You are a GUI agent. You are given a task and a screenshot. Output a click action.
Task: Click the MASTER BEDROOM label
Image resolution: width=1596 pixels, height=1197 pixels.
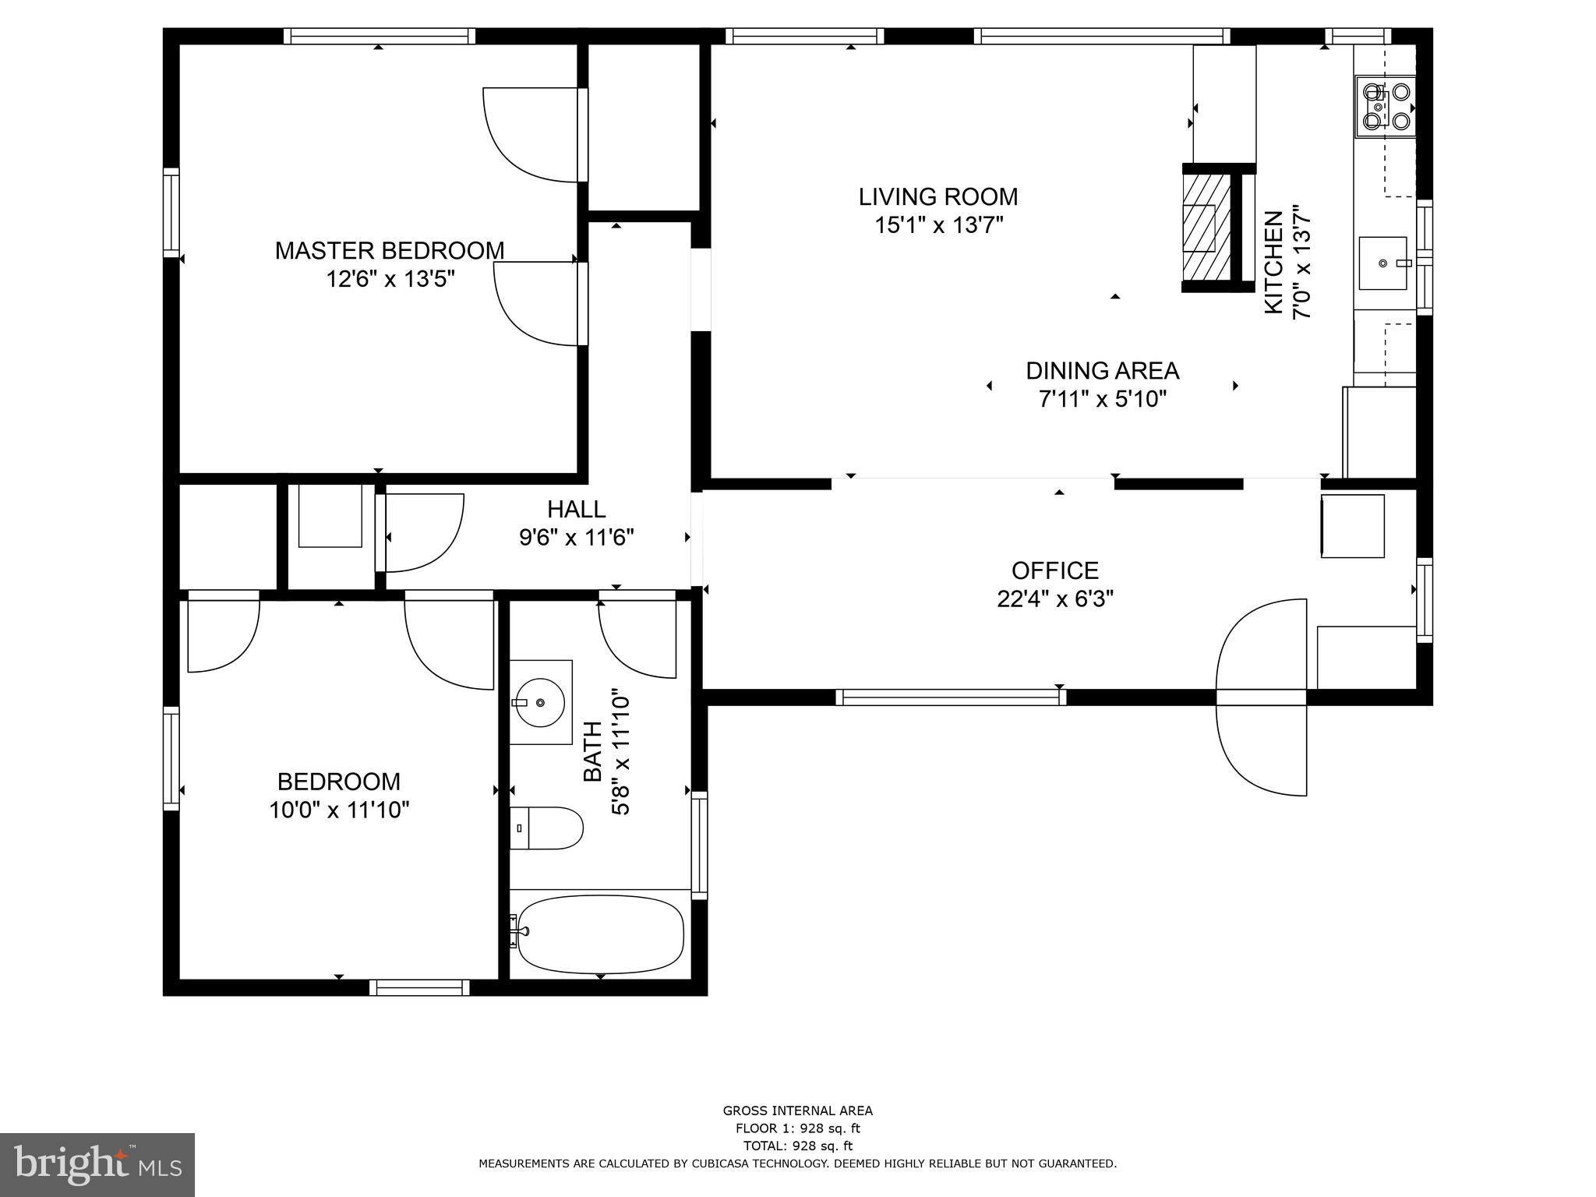pyautogui.click(x=390, y=251)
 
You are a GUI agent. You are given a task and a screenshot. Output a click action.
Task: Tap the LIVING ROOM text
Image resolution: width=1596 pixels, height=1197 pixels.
pyautogui.click(x=938, y=196)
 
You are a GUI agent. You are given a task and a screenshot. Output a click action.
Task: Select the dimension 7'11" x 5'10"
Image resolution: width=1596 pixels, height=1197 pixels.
pyautogui.click(x=1102, y=400)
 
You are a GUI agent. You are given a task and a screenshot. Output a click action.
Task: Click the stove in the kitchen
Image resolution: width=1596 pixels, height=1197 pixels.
pyautogui.click(x=1385, y=106)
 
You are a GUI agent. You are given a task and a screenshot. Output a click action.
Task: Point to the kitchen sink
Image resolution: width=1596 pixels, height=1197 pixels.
pyautogui.click(x=1383, y=263)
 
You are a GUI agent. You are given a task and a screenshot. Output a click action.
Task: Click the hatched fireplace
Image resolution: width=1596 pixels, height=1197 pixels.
pyautogui.click(x=1201, y=228)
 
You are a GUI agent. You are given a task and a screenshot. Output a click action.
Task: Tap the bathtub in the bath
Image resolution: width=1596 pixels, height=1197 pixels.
pyautogui.click(x=600, y=934)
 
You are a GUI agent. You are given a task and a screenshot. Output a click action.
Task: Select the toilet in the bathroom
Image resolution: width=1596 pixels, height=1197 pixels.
pyautogui.click(x=547, y=828)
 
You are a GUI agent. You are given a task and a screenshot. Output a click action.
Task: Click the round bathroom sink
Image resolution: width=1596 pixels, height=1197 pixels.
pyautogui.click(x=540, y=702)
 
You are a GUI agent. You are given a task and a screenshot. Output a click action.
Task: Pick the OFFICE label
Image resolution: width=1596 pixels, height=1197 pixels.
pyautogui.click(x=1055, y=570)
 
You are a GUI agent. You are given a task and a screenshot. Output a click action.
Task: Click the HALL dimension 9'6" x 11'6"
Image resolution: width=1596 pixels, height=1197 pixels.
pyautogui.click(x=576, y=538)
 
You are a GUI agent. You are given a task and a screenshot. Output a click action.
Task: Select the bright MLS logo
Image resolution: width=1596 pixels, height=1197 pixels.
pyautogui.click(x=97, y=1164)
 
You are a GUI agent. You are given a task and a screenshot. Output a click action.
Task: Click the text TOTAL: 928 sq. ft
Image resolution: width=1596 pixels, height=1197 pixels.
pyautogui.click(x=797, y=1146)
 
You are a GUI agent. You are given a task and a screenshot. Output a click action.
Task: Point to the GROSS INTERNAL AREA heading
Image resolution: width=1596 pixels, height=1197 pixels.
pyautogui.click(x=797, y=1111)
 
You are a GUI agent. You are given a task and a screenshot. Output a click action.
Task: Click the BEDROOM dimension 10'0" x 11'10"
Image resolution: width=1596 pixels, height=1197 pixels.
pyautogui.click(x=339, y=810)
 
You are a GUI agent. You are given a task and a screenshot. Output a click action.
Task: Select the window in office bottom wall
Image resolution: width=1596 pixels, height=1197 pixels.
pyautogui.click(x=951, y=697)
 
